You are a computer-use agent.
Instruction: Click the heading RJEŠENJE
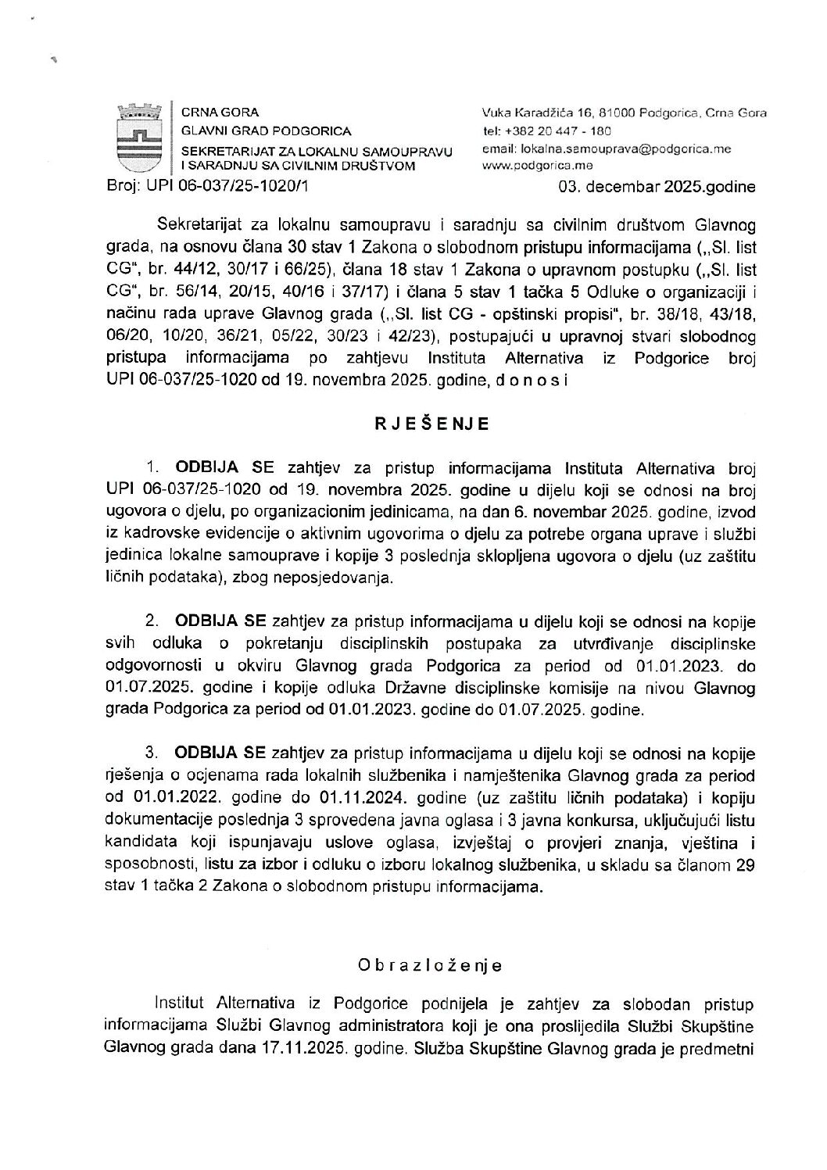(x=431, y=424)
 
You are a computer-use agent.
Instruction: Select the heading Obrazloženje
(x=429, y=965)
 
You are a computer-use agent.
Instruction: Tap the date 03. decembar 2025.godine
(x=657, y=187)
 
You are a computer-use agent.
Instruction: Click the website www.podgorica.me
(x=538, y=165)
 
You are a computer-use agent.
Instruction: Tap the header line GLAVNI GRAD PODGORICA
(x=266, y=131)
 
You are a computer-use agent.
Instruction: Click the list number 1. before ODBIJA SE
(x=152, y=469)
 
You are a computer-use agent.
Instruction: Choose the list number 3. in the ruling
(x=152, y=753)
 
